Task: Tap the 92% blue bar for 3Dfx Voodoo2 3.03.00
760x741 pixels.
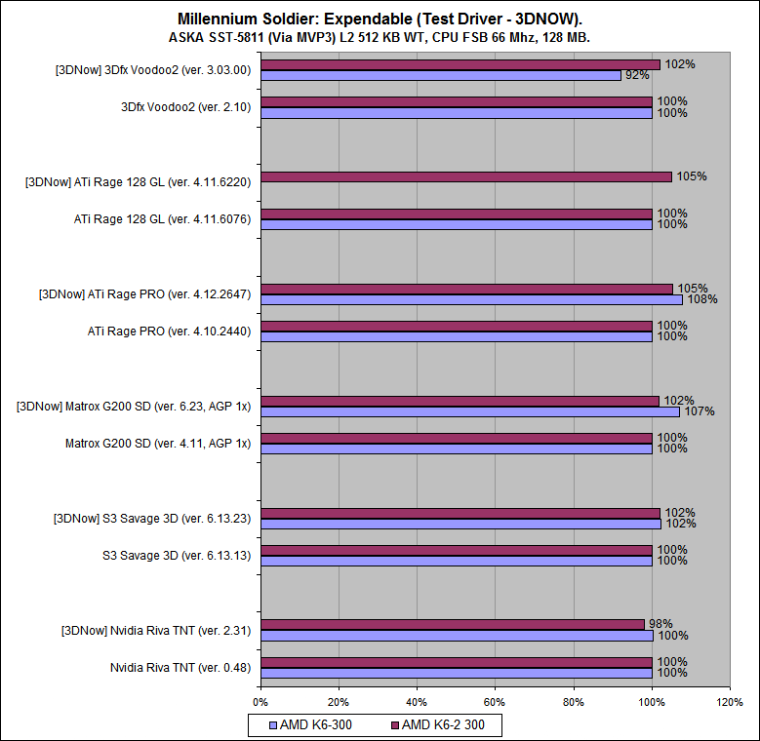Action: point(440,75)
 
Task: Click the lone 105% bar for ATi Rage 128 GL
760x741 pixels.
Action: point(465,176)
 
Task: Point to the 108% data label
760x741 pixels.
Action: point(703,299)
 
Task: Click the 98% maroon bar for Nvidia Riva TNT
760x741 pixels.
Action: point(452,624)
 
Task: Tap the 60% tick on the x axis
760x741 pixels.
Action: point(495,701)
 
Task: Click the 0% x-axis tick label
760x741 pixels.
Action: point(260,701)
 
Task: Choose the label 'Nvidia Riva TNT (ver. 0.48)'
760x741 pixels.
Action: point(180,668)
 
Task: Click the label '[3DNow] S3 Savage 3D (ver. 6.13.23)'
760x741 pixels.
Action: point(152,519)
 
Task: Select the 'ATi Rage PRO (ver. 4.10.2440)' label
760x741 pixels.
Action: point(170,331)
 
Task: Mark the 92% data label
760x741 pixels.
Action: point(635,75)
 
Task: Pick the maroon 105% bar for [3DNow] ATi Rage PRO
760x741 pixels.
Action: point(466,289)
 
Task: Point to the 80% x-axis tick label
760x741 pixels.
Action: point(574,701)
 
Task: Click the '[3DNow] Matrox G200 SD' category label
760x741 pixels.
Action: point(134,407)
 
